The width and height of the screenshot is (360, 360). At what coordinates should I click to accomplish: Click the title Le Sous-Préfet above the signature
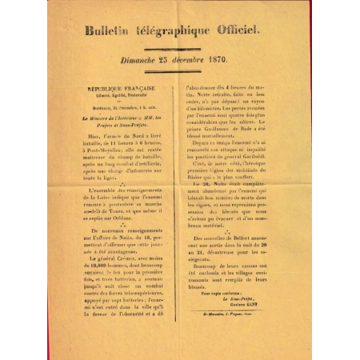(x=246, y=299)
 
